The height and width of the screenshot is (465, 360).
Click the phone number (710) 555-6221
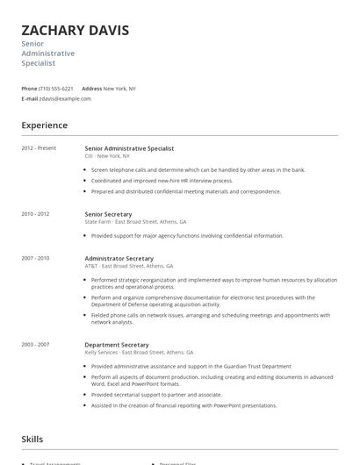tap(57, 89)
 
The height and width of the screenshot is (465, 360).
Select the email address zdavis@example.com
tap(66, 98)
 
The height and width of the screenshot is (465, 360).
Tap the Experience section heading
tap(44, 125)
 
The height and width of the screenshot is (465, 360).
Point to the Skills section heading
tap(32, 439)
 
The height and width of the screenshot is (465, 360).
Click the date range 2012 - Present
tap(39, 148)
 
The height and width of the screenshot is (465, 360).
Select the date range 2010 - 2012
tap(35, 213)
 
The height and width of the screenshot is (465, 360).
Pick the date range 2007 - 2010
tap(35, 258)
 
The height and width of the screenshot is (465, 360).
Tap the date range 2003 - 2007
tap(35, 345)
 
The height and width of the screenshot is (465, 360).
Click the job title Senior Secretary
tap(108, 214)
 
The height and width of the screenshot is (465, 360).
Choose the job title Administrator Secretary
tap(119, 258)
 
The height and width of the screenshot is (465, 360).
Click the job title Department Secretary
tap(117, 345)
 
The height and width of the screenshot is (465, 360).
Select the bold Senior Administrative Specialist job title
tap(129, 148)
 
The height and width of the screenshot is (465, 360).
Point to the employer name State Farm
tap(97, 222)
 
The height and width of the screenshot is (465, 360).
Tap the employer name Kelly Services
tap(101, 352)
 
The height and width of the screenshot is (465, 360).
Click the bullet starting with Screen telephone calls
tap(198, 169)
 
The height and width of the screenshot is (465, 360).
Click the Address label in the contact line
tap(91, 89)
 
